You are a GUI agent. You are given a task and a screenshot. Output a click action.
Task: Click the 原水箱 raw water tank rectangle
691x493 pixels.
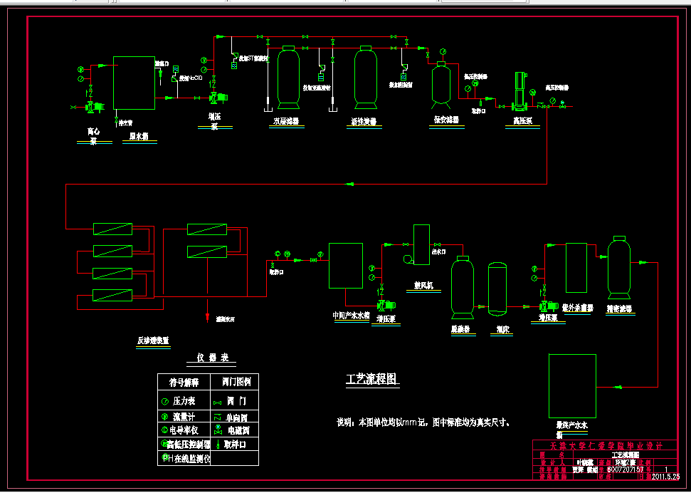134,83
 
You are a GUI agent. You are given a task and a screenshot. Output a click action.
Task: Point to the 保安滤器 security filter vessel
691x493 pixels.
442,83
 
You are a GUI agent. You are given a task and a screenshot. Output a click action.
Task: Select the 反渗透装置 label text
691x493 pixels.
153,341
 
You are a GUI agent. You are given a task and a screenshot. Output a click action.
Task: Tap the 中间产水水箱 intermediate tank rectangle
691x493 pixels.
346,265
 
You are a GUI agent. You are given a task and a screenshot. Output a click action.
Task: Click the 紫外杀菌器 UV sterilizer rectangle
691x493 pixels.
576,268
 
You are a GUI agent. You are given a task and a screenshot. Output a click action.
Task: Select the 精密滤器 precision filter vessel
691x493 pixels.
618,267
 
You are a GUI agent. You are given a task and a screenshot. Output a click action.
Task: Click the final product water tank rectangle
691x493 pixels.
572,382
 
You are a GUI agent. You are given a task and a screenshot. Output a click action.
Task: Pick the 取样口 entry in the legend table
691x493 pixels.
235,445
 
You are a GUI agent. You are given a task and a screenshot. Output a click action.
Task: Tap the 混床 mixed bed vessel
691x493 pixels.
497,289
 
